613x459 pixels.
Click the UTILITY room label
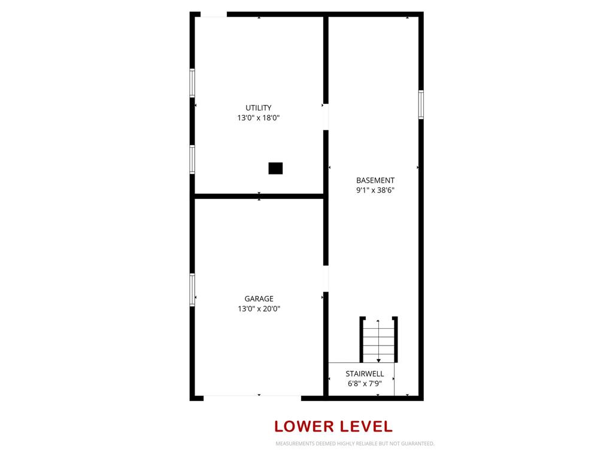(259, 108)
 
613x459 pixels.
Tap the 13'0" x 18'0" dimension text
(259, 118)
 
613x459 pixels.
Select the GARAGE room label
(259, 299)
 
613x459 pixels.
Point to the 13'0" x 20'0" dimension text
(259, 308)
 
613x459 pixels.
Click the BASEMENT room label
(375, 180)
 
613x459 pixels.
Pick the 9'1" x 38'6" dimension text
(375, 190)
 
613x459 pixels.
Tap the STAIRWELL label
(365, 374)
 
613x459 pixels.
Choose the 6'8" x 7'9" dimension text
(365, 383)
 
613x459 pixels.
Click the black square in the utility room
(275, 168)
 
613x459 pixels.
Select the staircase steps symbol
(378, 340)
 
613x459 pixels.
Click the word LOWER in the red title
(304, 426)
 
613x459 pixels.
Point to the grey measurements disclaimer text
(355, 443)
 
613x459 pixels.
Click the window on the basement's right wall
(421, 104)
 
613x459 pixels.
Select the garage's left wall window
(192, 290)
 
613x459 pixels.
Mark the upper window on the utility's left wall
(192, 82)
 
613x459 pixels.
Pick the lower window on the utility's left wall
(192, 159)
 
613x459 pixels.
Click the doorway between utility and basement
(326, 117)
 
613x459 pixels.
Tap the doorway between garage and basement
(326, 279)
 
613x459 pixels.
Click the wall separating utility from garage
(259, 196)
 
